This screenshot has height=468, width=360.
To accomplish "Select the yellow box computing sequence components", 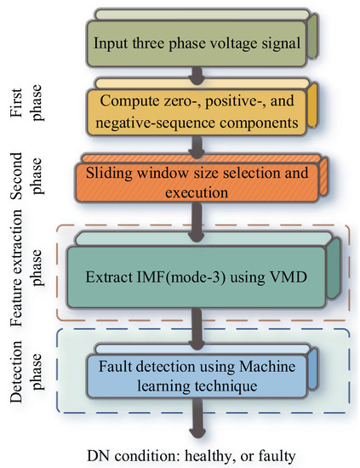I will (197, 112).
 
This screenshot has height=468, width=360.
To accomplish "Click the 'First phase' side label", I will (32, 110).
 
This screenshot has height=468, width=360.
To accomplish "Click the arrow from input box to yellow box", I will (196, 76).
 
